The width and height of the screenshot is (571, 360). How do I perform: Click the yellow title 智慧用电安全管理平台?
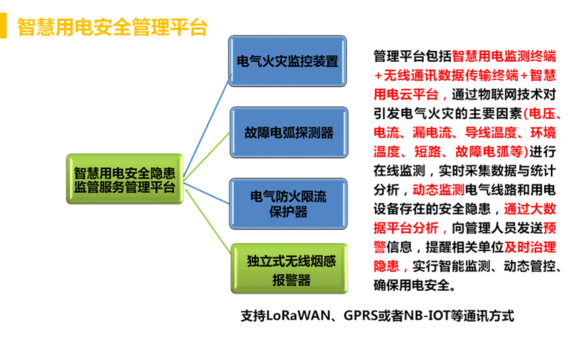click(x=113, y=27)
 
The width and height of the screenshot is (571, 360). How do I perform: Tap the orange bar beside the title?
click(x=3, y=26)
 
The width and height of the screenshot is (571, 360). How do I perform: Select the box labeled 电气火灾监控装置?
click(x=288, y=61)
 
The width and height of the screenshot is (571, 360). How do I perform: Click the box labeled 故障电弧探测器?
click(x=289, y=132)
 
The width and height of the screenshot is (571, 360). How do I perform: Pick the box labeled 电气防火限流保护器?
click(x=288, y=204)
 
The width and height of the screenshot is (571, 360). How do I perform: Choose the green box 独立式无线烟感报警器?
click(x=290, y=269)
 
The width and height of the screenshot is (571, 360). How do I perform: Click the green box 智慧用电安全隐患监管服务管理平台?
click(x=125, y=179)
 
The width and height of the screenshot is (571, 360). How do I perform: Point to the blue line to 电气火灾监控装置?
click(x=206, y=128)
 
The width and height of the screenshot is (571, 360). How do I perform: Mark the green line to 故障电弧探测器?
click(x=207, y=156)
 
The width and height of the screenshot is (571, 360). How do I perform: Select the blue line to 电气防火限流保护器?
click(x=206, y=193)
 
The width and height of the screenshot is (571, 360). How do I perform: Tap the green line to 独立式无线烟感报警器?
click(x=208, y=220)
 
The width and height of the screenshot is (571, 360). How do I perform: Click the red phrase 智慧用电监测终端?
click(x=504, y=56)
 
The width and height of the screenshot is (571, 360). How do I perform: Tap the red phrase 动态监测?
click(x=439, y=190)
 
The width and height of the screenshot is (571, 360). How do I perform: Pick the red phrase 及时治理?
click(x=530, y=247)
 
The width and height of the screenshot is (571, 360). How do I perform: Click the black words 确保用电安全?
click(x=412, y=285)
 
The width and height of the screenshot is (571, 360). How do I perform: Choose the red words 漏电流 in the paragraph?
click(x=432, y=132)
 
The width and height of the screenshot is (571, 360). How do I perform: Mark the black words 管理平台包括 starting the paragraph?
click(x=412, y=56)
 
